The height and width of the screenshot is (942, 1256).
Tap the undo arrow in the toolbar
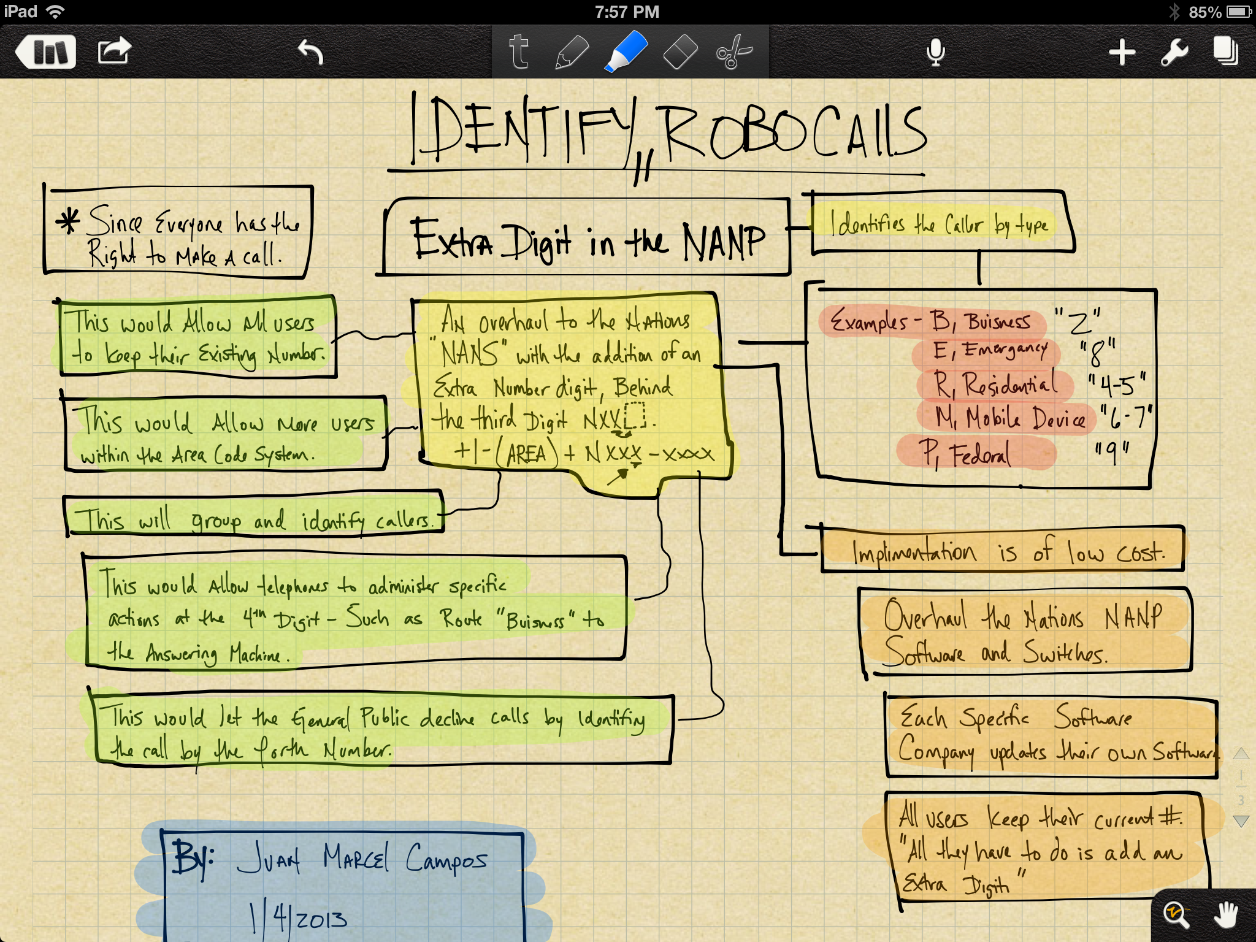click(310, 52)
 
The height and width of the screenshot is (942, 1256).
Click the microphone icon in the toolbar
click(935, 52)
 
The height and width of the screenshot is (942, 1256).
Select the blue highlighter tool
click(626, 52)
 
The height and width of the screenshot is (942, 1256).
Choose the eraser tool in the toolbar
click(680, 52)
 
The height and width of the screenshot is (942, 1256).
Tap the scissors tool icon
click(733, 52)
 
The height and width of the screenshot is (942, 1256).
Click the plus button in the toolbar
click(1122, 52)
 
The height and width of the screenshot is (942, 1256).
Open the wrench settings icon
click(1174, 52)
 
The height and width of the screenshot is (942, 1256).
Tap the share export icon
click(114, 51)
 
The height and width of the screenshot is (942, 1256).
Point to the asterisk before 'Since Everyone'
click(67, 221)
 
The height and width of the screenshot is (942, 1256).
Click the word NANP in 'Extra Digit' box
click(724, 242)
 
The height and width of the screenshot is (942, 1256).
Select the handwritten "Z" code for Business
click(1078, 321)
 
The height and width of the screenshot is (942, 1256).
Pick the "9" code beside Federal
click(1111, 453)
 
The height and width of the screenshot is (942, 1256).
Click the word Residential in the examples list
click(1009, 385)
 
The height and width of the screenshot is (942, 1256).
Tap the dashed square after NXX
click(635, 416)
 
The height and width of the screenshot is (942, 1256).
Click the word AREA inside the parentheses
click(526, 454)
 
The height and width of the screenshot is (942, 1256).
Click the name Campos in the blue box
click(446, 859)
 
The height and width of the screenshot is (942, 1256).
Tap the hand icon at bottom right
click(1226, 915)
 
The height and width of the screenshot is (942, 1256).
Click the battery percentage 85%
click(1204, 12)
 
